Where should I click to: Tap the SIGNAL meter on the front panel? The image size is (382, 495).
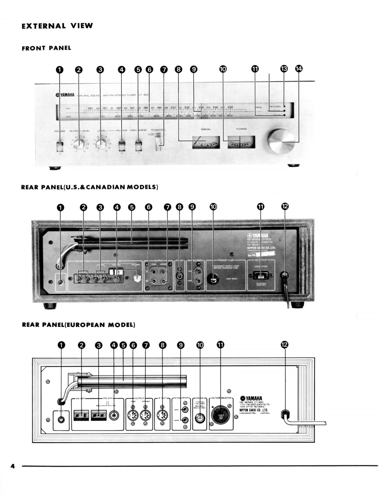(206, 142)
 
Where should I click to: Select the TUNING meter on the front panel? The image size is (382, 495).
(240, 142)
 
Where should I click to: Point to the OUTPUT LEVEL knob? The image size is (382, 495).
(79, 145)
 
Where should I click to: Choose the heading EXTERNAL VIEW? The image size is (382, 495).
(57, 26)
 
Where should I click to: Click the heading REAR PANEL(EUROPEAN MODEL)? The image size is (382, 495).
(78, 325)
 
